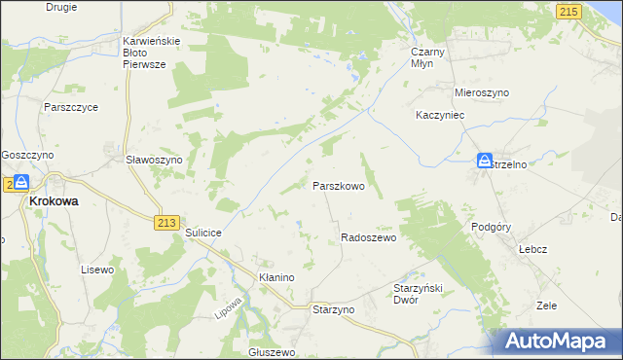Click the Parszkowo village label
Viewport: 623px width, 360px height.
(x=338, y=186)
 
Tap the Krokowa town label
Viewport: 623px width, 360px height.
(x=55, y=201)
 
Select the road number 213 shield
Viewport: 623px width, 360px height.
(x=165, y=223)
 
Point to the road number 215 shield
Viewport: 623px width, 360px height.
(x=569, y=11)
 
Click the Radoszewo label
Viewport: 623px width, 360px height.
(x=369, y=238)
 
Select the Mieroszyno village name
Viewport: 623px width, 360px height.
(x=482, y=92)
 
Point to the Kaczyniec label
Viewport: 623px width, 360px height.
(x=443, y=115)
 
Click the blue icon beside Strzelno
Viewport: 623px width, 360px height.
(x=485, y=162)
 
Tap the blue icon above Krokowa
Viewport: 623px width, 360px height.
(x=20, y=183)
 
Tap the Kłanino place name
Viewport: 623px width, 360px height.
(x=276, y=277)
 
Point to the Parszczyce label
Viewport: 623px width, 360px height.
(x=71, y=108)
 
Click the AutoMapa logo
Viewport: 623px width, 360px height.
(x=558, y=342)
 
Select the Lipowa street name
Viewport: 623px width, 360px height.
(x=227, y=305)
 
